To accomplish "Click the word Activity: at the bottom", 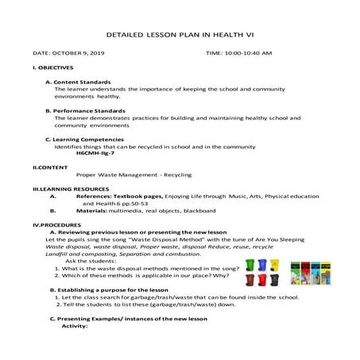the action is [73, 326].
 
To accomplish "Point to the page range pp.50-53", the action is [139, 203].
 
